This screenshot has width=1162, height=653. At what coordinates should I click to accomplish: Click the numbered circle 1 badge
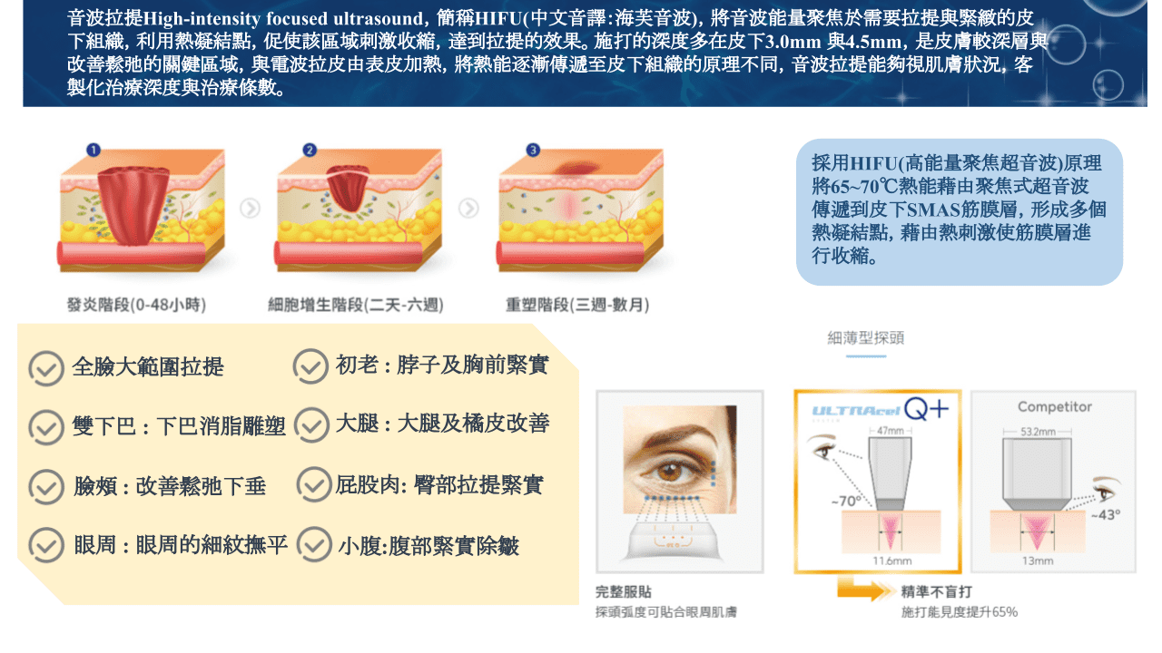pyautogui.click(x=94, y=151)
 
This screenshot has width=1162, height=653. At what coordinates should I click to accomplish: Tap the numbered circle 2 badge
pyautogui.click(x=310, y=151)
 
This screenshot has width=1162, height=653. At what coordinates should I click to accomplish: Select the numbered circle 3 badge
pyautogui.click(x=533, y=151)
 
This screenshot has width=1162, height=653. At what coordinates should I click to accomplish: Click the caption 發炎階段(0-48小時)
pyautogui.click(x=136, y=305)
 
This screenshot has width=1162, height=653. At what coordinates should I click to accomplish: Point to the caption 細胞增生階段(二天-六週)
pyautogui.click(x=355, y=305)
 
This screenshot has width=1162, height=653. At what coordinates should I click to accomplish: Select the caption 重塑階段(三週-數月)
pyautogui.click(x=577, y=305)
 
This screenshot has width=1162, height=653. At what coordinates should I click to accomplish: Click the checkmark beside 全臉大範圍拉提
pyautogui.click(x=46, y=368)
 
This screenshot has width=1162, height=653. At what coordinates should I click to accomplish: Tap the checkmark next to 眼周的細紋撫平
pyautogui.click(x=46, y=545)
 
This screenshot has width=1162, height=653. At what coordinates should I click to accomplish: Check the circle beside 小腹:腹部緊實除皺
pyautogui.click(x=314, y=544)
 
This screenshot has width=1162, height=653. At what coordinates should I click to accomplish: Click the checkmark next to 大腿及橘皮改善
pyautogui.click(x=311, y=425)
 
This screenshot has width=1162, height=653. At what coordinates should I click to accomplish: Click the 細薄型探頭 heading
pyautogui.click(x=866, y=338)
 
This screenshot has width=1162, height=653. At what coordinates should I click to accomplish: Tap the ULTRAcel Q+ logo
pyautogui.click(x=881, y=410)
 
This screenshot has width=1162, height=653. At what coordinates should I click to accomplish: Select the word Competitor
pyautogui.click(x=1055, y=407)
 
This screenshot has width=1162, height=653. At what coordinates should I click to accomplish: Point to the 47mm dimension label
pyautogui.click(x=891, y=431)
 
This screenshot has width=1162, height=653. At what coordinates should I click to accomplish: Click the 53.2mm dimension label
pyautogui.click(x=1038, y=432)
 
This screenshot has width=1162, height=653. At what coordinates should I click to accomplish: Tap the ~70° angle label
pyautogui.click(x=846, y=502)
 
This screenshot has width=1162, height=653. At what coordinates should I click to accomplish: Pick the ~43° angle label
pyautogui.click(x=1106, y=514)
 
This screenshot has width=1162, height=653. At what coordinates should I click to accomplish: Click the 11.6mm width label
pyautogui.click(x=891, y=560)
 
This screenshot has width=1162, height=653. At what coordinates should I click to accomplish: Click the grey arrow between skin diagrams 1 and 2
pyautogui.click(x=250, y=209)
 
